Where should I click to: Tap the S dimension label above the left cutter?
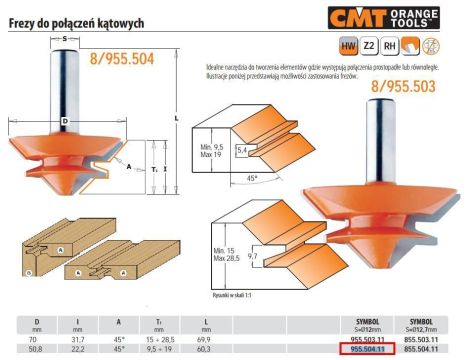[x=65, y=37]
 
